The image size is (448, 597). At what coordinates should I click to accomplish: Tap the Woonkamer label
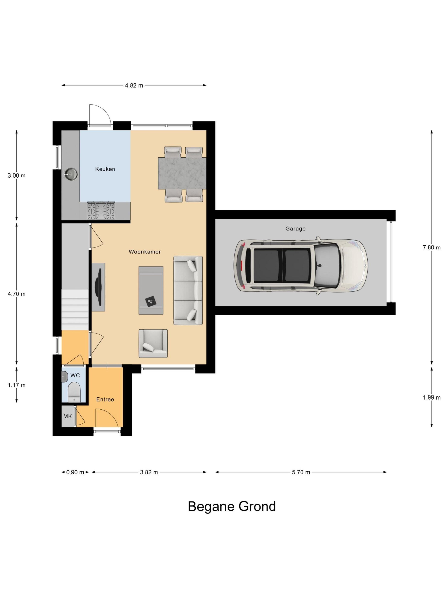point(145,252)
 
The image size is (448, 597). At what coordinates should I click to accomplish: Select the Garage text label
point(295,229)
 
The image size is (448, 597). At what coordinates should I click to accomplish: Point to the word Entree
point(105,399)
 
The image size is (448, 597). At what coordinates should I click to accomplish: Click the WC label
point(75,375)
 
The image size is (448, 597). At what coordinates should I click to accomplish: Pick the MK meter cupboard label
point(67,416)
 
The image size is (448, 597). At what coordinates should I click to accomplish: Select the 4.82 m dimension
point(134,85)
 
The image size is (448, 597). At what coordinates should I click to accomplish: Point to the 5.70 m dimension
point(301,472)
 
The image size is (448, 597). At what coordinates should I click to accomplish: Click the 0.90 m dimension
point(75,472)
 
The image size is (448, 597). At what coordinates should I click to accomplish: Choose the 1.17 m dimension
point(16,385)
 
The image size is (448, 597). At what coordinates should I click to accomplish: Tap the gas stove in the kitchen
point(101,211)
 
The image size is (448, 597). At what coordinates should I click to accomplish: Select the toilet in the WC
point(74,392)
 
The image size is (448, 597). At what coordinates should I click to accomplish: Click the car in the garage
point(301,265)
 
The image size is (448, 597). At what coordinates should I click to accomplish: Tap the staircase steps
point(75,309)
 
